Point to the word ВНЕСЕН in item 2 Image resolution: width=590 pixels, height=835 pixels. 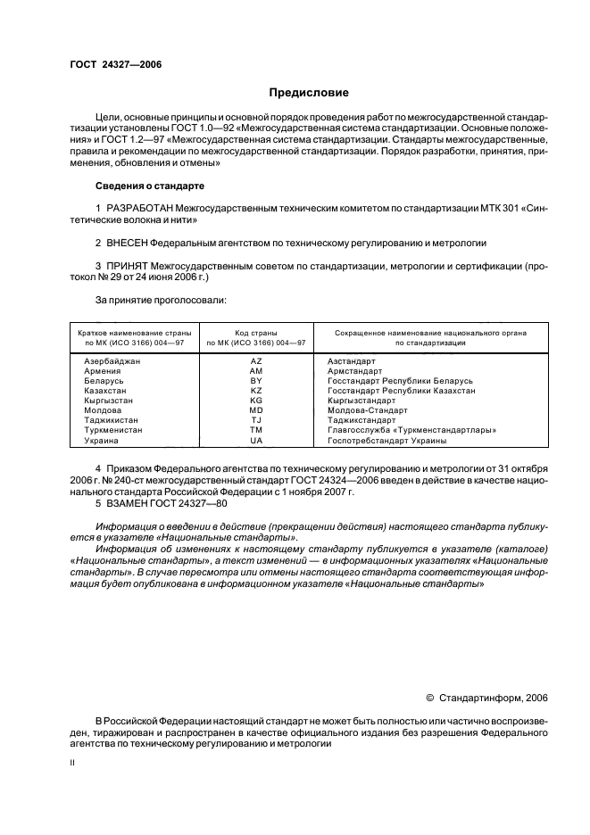(x=129, y=242)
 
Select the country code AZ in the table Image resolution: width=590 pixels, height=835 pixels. (x=256, y=361)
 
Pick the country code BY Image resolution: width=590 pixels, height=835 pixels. (x=256, y=381)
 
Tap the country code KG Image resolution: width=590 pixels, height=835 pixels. (x=256, y=401)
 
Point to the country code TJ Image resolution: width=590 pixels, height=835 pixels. (x=256, y=420)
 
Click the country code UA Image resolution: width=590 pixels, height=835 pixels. (x=256, y=440)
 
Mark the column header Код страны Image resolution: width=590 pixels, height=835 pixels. (x=256, y=332)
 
